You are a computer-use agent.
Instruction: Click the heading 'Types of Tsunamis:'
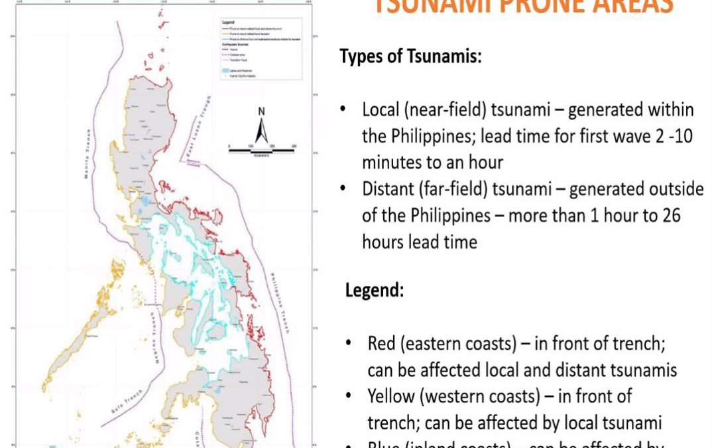pyautogui.click(x=410, y=56)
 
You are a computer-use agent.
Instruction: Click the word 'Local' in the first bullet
pyautogui.click(x=379, y=110)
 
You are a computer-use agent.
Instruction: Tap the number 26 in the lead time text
pyautogui.click(x=672, y=216)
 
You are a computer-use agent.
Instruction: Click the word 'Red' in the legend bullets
pyautogui.click(x=381, y=344)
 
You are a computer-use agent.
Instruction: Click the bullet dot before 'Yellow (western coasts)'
pyautogui.click(x=349, y=398)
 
